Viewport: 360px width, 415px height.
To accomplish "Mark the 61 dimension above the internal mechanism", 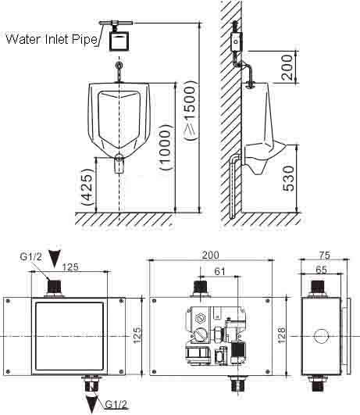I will [x=219, y=271].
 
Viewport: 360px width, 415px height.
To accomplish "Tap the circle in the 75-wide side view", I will [x=320, y=337].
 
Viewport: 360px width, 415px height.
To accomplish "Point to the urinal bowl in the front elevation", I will [x=119, y=117].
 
